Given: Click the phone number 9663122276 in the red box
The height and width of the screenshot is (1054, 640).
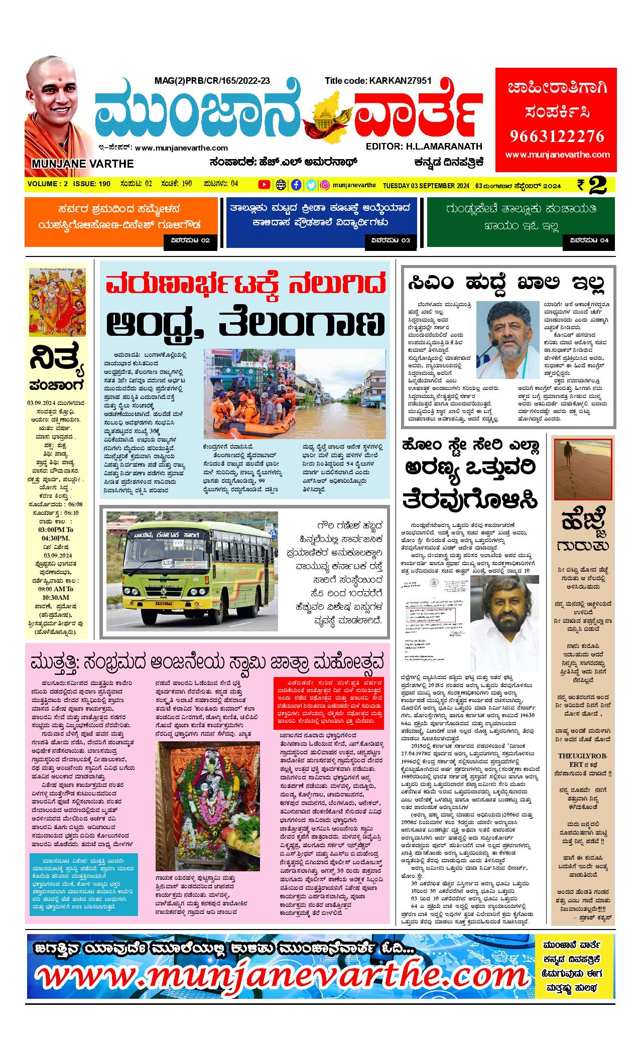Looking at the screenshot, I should pos(557,136).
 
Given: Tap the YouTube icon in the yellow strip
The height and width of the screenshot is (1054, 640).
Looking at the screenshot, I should pos(264,185).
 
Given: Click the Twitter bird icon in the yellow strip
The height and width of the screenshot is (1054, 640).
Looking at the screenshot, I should pos(311,185).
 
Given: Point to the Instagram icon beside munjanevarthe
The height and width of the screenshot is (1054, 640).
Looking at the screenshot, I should pos(325,185).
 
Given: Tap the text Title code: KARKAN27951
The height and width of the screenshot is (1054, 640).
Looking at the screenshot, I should pos(378,81).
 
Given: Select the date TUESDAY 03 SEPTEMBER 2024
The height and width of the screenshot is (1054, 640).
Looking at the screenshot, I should pos(426,185).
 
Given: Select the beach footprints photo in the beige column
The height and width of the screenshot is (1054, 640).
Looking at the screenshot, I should pos(582,469).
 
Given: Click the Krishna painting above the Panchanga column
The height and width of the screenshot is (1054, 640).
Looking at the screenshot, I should pos(57,301).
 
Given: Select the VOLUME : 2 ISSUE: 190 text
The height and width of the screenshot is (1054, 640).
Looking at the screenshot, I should pos(69,184).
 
